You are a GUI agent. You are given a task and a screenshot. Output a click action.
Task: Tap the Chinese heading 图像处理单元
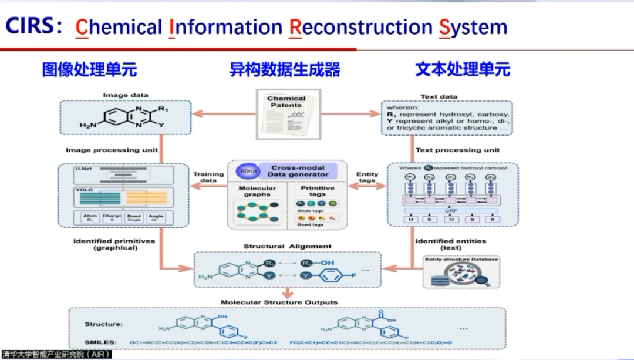coord(89,69)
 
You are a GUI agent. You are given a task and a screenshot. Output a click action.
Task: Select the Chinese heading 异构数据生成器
coord(285,69)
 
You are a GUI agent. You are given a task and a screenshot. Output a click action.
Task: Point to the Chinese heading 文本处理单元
coord(463,69)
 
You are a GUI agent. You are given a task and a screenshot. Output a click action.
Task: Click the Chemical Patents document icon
coord(287,112)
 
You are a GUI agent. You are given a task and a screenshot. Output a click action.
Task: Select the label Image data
coord(126,95)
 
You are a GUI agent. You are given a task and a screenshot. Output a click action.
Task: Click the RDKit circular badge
coord(246,170)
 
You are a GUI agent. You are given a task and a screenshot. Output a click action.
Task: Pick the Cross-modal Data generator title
coord(298,171)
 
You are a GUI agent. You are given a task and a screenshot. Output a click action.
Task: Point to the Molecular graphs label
coord(257,191)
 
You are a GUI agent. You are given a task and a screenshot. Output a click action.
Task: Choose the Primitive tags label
coord(317,191)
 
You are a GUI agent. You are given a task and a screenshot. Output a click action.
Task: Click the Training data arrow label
coord(208,177)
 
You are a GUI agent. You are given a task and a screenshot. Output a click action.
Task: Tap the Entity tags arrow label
coord(367,177)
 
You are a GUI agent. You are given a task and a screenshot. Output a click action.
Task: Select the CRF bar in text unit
coord(450,210)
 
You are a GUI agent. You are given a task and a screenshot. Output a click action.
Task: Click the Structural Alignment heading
coord(287,246)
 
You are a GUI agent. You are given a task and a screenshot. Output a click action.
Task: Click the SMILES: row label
coord(100,342)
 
